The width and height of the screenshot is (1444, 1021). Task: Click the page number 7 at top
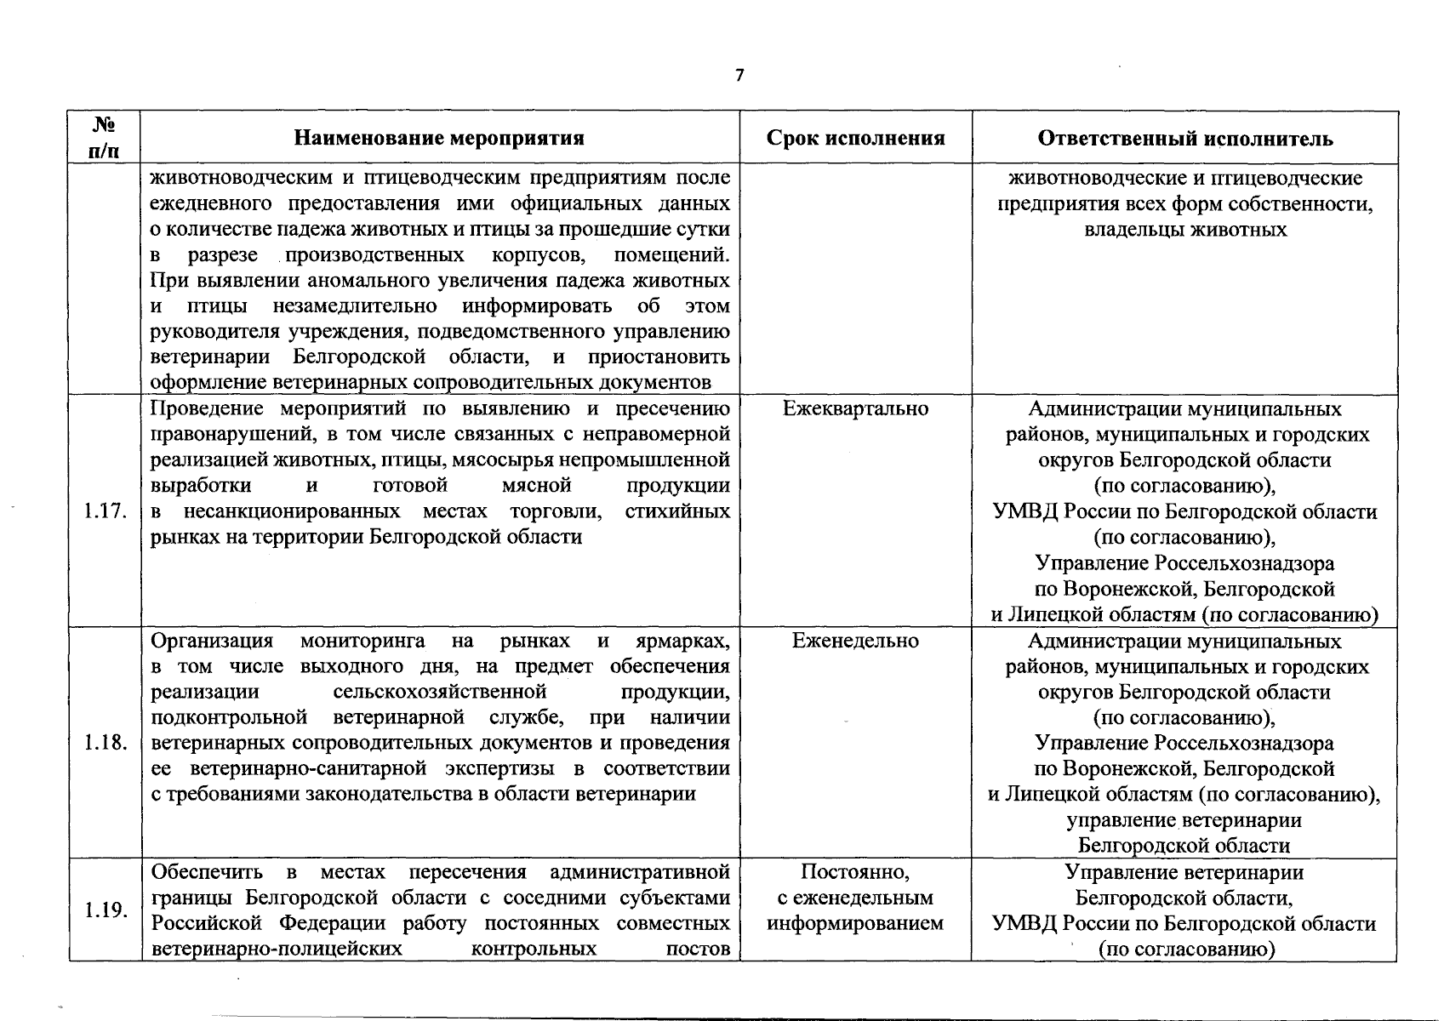pyautogui.click(x=739, y=76)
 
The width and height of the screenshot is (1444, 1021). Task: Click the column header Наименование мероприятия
pyautogui.click(x=439, y=139)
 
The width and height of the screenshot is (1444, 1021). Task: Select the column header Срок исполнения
pyautogui.click(x=855, y=139)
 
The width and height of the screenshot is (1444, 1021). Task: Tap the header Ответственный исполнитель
pyautogui.click(x=1185, y=139)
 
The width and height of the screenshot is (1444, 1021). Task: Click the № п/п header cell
pyautogui.click(x=105, y=138)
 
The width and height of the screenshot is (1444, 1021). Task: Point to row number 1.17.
pyautogui.click(x=106, y=511)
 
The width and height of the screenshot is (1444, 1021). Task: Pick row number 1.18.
pyautogui.click(x=106, y=744)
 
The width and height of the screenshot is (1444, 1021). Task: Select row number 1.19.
pyautogui.click(x=106, y=910)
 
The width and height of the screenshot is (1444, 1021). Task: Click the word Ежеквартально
pyautogui.click(x=855, y=409)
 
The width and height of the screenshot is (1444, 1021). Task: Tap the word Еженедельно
pyautogui.click(x=855, y=642)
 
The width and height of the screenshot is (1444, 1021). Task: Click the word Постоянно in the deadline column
pyautogui.click(x=853, y=872)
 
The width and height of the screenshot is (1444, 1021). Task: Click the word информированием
pyautogui.click(x=855, y=924)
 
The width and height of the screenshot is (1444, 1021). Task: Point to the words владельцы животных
pyautogui.click(x=1185, y=230)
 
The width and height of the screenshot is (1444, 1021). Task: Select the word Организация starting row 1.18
pyautogui.click(x=212, y=642)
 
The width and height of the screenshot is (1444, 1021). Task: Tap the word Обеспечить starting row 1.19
pyautogui.click(x=207, y=873)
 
